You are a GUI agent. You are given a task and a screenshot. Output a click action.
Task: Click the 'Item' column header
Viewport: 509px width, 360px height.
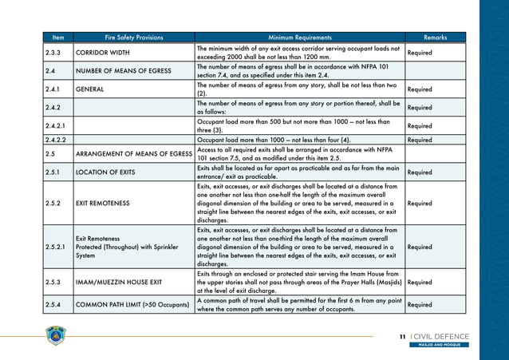click(57, 38)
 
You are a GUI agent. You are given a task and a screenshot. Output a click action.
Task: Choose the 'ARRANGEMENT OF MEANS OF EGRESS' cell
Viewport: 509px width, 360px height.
click(133, 153)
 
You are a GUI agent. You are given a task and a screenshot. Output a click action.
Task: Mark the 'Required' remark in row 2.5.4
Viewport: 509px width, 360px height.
click(420, 305)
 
